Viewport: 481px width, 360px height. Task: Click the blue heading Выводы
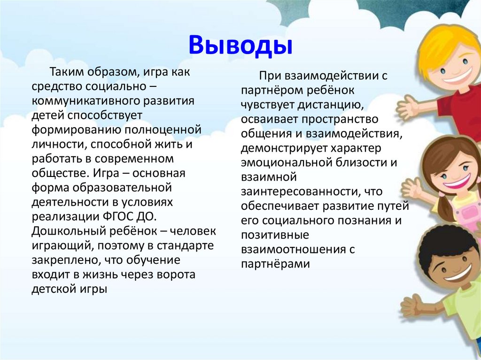[240, 46]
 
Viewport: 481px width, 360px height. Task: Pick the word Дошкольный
[68, 231]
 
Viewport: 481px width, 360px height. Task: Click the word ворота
[176, 275]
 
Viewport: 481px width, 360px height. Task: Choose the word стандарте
[185, 246]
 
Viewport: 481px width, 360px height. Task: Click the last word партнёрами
[275, 264]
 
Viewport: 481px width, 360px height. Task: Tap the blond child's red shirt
[460, 107]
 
